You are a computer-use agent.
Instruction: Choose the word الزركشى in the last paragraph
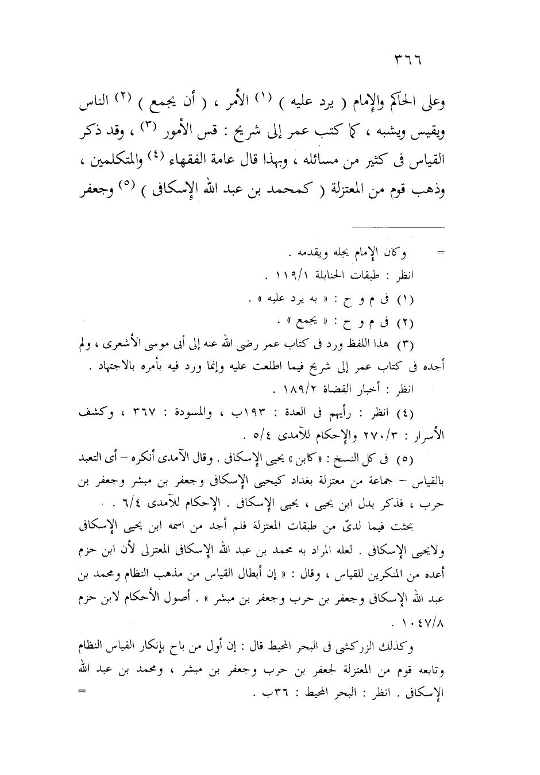[375, 646]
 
